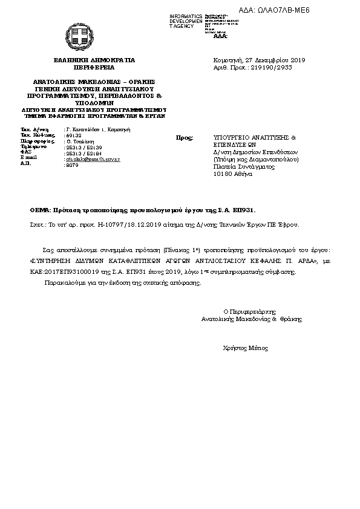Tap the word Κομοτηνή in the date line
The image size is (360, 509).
[226, 60]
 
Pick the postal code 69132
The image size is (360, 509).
[73, 135]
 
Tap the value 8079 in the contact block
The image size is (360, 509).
[71, 164]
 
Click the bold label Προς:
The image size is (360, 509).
[184, 138]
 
